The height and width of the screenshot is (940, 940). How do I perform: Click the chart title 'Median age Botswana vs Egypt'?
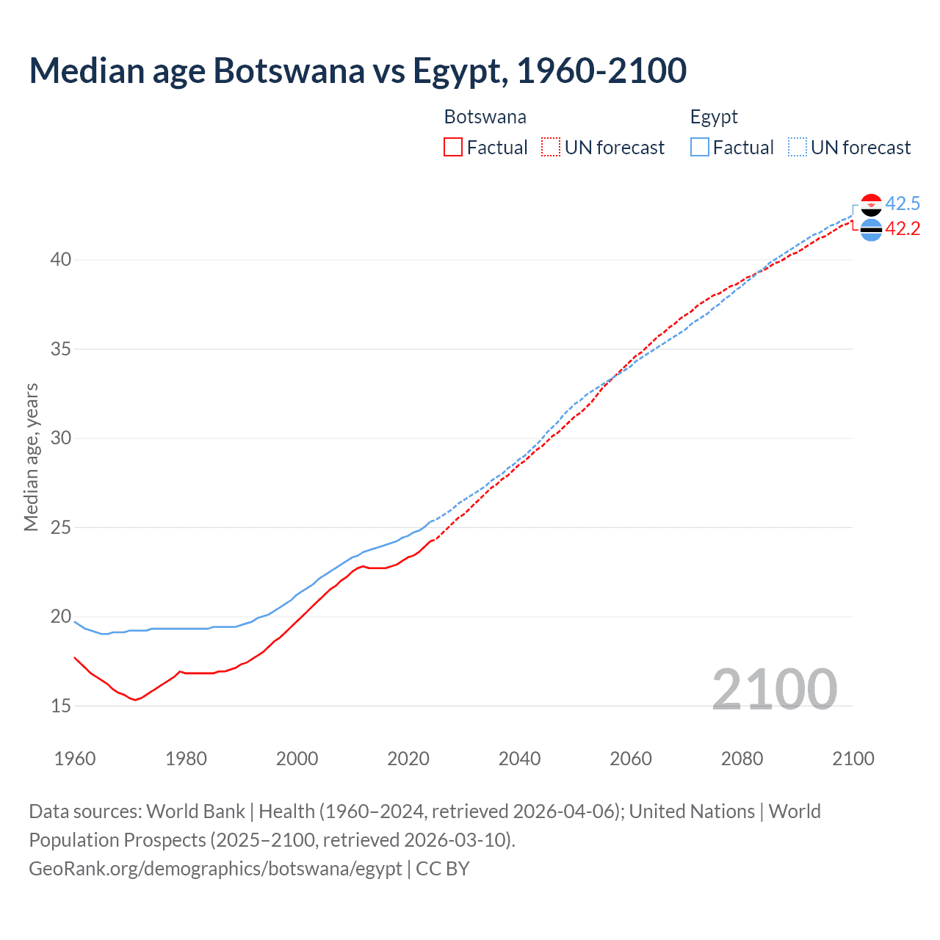pyautogui.click(x=358, y=70)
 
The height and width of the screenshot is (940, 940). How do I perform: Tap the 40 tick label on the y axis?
pyautogui.click(x=61, y=259)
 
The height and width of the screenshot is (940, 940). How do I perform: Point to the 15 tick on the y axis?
pyautogui.click(x=61, y=706)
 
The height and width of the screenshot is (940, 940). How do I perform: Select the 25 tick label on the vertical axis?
pyautogui.click(x=61, y=527)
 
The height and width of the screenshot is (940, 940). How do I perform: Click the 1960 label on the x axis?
pyautogui.click(x=75, y=759)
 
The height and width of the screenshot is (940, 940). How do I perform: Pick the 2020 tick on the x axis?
pyautogui.click(x=408, y=759)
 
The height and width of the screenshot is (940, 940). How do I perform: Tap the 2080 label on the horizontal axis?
pyautogui.click(x=742, y=759)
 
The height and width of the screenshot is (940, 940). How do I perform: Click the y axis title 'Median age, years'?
pyautogui.click(x=31, y=457)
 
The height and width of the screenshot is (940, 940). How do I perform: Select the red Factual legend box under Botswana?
pyautogui.click(x=453, y=148)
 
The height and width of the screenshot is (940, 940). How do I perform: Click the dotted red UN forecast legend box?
pyautogui.click(x=551, y=148)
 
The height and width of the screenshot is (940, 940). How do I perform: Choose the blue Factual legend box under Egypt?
pyautogui.click(x=700, y=148)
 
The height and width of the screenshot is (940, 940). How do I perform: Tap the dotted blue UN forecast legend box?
pyautogui.click(x=798, y=148)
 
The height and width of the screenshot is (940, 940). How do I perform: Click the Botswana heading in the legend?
pyautogui.click(x=485, y=117)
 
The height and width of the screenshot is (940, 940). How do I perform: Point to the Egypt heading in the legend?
pyautogui.click(x=714, y=117)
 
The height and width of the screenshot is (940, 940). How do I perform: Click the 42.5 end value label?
pyautogui.click(x=903, y=203)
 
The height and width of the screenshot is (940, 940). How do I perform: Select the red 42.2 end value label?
pyautogui.click(x=903, y=229)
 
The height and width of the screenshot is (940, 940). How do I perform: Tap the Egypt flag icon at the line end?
pyautogui.click(x=871, y=204)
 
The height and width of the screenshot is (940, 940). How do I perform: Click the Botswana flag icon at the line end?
pyautogui.click(x=871, y=230)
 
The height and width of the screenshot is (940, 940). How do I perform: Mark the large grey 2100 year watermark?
pyautogui.click(x=775, y=689)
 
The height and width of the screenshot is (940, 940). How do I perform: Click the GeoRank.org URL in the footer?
pyautogui.click(x=215, y=868)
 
